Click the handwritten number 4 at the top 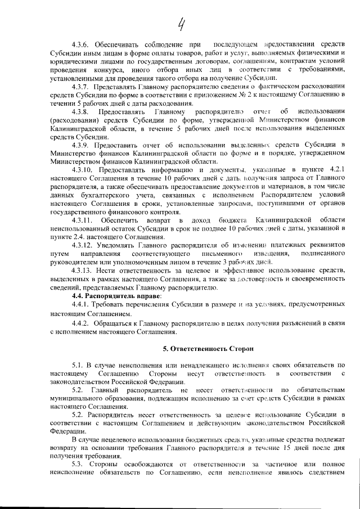(x=181, y=24)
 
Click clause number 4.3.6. (x=81, y=44)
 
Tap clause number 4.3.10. (x=83, y=169)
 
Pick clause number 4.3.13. (x=83, y=271)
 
